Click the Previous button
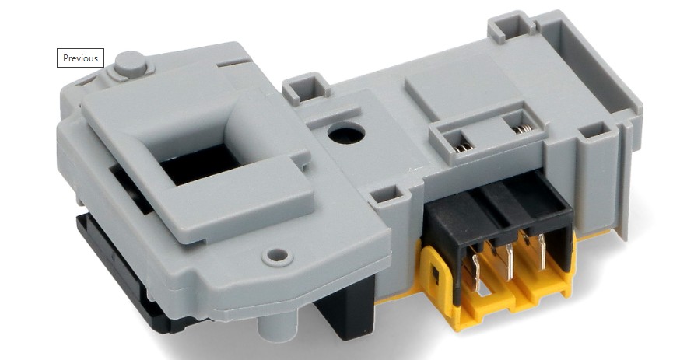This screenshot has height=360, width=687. [80, 58]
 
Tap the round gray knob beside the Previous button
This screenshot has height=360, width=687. [130, 64]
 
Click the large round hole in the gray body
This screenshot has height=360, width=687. [346, 133]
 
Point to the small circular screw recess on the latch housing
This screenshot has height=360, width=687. [277, 255]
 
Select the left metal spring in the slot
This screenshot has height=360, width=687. [463, 147]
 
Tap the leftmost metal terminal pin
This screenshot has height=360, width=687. [476, 272]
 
